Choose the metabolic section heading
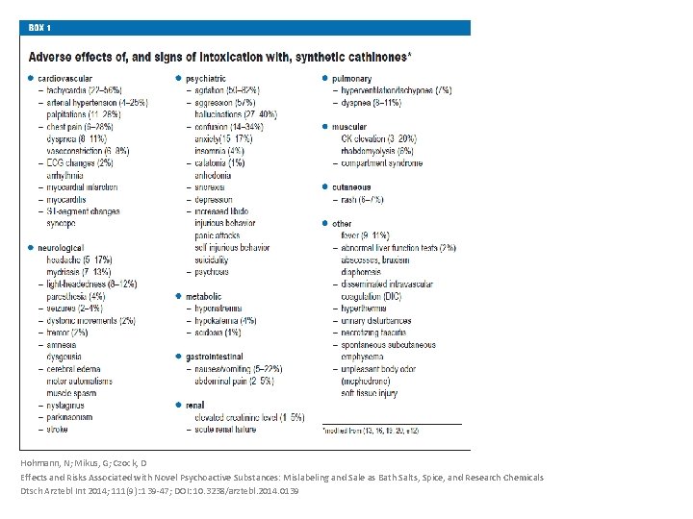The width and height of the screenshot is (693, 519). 204,297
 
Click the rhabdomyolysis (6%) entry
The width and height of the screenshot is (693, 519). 377,151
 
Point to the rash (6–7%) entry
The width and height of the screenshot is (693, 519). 362,200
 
